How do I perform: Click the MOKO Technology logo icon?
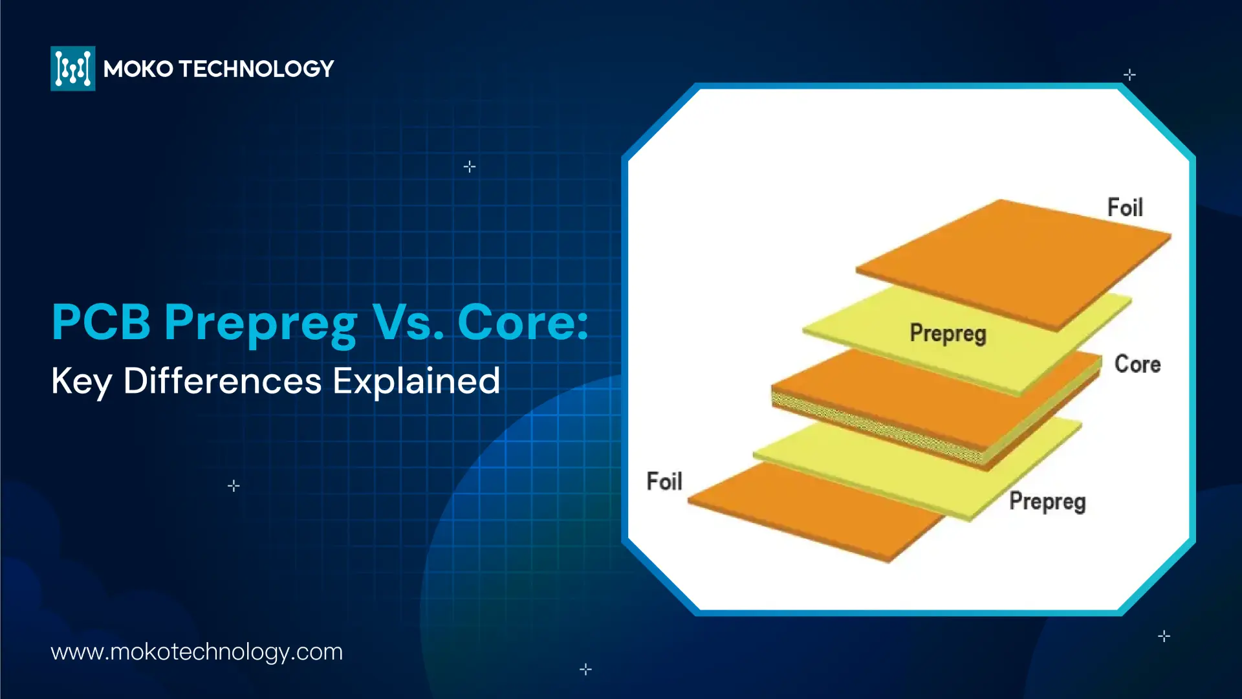pyautogui.click(x=73, y=69)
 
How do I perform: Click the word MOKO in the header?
pyautogui.click(x=138, y=69)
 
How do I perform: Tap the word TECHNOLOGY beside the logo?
pyautogui.click(x=257, y=69)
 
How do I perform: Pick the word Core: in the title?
pyautogui.click(x=523, y=322)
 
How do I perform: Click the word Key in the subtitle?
pyautogui.click(x=82, y=382)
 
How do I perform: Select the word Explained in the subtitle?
pyautogui.click(x=417, y=382)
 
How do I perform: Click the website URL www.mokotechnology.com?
pyautogui.click(x=197, y=652)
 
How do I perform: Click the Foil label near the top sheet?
pyautogui.click(x=1125, y=208)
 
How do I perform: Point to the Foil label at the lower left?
pyautogui.click(x=664, y=482)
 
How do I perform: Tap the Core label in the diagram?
pyautogui.click(x=1137, y=364)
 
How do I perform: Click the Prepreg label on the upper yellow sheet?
pyautogui.click(x=948, y=334)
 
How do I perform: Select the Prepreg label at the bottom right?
pyautogui.click(x=1047, y=502)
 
